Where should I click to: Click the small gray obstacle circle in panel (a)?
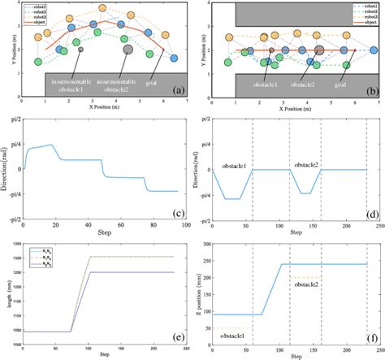[x=81, y=50]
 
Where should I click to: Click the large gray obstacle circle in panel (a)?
[x=128, y=50]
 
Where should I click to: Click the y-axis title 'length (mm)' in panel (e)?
[x=6, y=293]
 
